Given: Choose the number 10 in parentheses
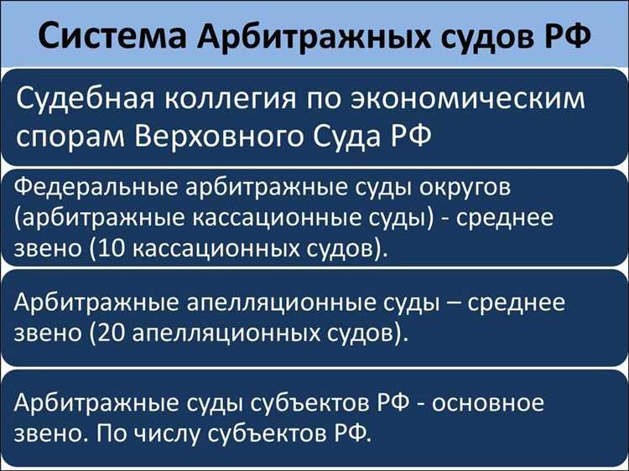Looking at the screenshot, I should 110,249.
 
